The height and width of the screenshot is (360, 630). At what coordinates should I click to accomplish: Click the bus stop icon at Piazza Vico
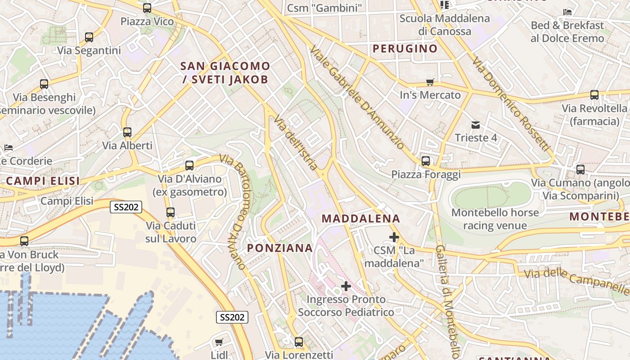(147, 8)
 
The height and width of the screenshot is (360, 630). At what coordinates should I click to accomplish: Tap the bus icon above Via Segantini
(89, 37)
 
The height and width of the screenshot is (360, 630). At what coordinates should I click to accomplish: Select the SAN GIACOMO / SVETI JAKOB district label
(225, 73)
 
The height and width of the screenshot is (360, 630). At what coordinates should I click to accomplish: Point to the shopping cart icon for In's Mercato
(430, 82)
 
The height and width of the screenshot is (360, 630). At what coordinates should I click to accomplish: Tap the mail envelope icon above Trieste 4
(476, 125)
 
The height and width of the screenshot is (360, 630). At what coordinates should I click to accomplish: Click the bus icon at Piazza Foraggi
(426, 161)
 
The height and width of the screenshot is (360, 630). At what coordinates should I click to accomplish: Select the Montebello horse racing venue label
(495, 219)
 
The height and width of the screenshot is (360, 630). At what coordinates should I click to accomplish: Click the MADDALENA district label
(361, 219)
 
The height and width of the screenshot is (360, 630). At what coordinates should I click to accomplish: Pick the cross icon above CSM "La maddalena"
(394, 237)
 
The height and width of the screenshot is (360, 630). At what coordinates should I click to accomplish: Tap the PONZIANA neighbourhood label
(280, 248)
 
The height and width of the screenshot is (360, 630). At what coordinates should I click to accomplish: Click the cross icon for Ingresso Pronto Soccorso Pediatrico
(346, 286)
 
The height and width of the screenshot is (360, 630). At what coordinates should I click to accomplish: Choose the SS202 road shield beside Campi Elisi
(126, 207)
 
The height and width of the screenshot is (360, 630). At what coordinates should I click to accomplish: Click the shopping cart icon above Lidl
(219, 342)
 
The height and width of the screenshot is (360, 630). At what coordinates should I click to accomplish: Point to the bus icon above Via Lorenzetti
(299, 342)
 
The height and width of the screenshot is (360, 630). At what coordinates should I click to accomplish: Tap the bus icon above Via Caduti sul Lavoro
(171, 212)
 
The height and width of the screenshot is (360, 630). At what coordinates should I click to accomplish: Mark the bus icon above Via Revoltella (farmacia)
(594, 95)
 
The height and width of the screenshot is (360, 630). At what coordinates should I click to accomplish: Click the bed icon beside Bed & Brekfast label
(568, 12)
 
